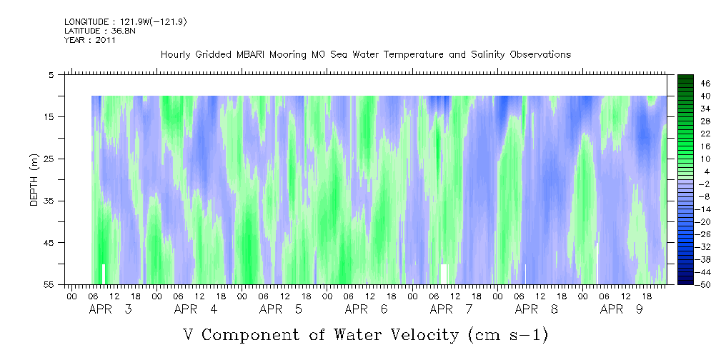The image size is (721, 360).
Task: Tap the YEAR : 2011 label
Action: click(x=89, y=40)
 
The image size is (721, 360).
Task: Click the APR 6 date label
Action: click(x=366, y=309)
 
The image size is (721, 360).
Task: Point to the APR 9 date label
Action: click(x=622, y=309)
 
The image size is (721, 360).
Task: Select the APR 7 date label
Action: click(x=451, y=309)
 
